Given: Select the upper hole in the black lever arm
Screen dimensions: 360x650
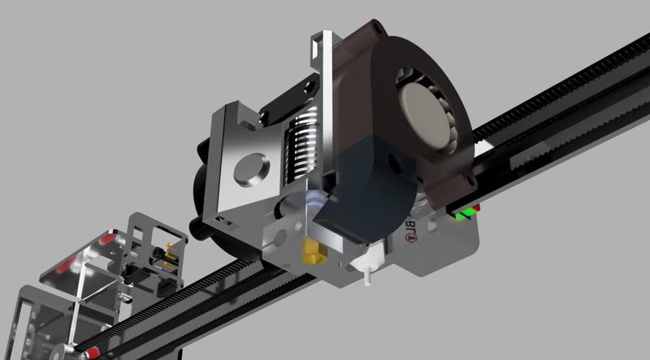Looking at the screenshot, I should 308,85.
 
